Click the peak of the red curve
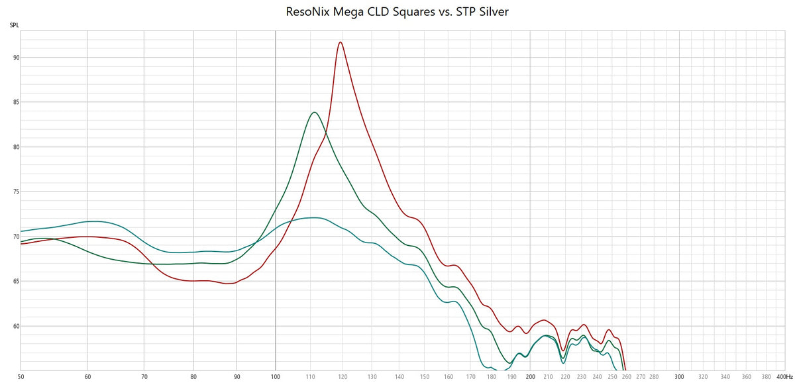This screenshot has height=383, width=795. pyautogui.click(x=341, y=42)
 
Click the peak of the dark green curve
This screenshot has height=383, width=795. pyautogui.click(x=313, y=113)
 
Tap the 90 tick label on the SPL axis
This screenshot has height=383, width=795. pyautogui.click(x=15, y=58)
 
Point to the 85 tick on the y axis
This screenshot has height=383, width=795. pyautogui.click(x=15, y=103)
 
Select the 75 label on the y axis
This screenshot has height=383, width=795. pyautogui.click(x=15, y=192)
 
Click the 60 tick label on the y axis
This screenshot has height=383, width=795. pyautogui.click(x=15, y=327)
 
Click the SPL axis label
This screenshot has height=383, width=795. pyautogui.click(x=14, y=26)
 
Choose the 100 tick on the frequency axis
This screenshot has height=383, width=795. pyautogui.click(x=276, y=377)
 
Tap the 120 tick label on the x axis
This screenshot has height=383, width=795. pyautogui.click(x=343, y=377)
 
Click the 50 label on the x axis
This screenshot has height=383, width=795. pyautogui.click(x=21, y=377)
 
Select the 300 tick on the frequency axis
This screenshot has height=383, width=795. pyautogui.click(x=679, y=377)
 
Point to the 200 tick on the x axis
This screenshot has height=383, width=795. pyautogui.click(x=530, y=377)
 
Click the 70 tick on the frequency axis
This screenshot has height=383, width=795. pyautogui.click(x=144, y=377)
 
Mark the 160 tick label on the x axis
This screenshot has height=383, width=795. pyautogui.click(x=449, y=377)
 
